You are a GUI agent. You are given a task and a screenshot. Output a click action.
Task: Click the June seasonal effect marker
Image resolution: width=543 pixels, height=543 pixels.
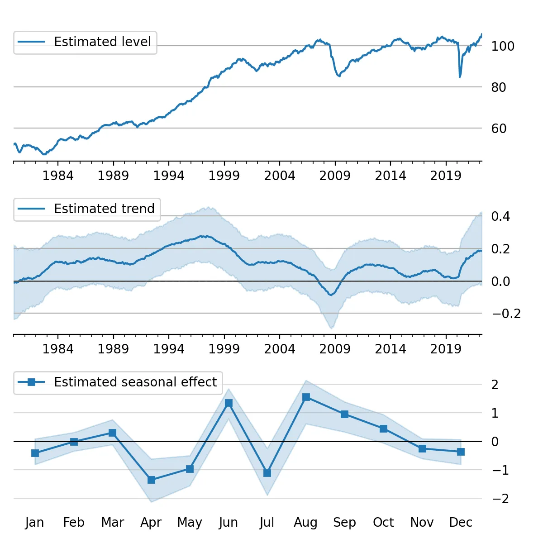[x=229, y=403]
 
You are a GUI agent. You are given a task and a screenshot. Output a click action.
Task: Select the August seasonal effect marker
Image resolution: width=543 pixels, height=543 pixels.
[x=306, y=397]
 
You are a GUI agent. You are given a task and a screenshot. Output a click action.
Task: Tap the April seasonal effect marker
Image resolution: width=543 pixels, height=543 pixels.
[x=152, y=480]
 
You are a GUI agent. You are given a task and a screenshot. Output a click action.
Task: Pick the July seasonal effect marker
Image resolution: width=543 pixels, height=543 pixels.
[x=267, y=473]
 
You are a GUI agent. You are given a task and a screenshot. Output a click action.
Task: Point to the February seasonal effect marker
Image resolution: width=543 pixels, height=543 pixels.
[x=74, y=442]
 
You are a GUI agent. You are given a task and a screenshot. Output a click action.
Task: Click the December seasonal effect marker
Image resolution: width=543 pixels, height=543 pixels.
[x=461, y=452]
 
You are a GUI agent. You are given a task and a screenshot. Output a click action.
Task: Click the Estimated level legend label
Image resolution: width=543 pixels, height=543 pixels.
[x=102, y=42]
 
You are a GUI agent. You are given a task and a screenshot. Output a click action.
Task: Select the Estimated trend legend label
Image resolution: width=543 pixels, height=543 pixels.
[x=104, y=209]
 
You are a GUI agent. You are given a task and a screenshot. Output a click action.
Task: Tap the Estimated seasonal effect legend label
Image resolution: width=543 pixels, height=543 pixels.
[x=135, y=382]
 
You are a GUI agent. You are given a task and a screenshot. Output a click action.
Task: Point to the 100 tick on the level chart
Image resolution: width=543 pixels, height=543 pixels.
[x=502, y=46]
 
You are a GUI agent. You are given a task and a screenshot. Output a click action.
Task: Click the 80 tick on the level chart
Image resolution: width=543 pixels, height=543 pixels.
[x=499, y=87]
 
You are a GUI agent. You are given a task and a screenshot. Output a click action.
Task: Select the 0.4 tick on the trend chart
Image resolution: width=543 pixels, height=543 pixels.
[x=500, y=216]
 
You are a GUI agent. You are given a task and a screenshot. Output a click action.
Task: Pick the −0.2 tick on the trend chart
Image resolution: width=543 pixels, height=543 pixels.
[x=506, y=314]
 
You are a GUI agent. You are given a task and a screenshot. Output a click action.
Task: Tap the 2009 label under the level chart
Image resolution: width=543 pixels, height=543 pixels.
[x=335, y=176]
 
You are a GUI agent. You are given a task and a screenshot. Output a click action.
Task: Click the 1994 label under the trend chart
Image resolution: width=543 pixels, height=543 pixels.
[x=169, y=349]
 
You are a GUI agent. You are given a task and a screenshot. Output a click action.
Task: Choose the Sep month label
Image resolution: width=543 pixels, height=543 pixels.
[x=344, y=522]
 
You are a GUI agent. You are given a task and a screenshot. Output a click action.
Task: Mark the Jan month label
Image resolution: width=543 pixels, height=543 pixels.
[x=35, y=522]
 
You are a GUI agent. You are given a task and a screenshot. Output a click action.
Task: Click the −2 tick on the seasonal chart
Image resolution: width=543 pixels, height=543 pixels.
[x=500, y=499]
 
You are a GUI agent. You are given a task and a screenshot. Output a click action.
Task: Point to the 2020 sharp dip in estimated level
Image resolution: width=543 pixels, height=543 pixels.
[x=460, y=76]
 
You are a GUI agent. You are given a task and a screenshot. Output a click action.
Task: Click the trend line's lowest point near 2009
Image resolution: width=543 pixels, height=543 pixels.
[x=331, y=295]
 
